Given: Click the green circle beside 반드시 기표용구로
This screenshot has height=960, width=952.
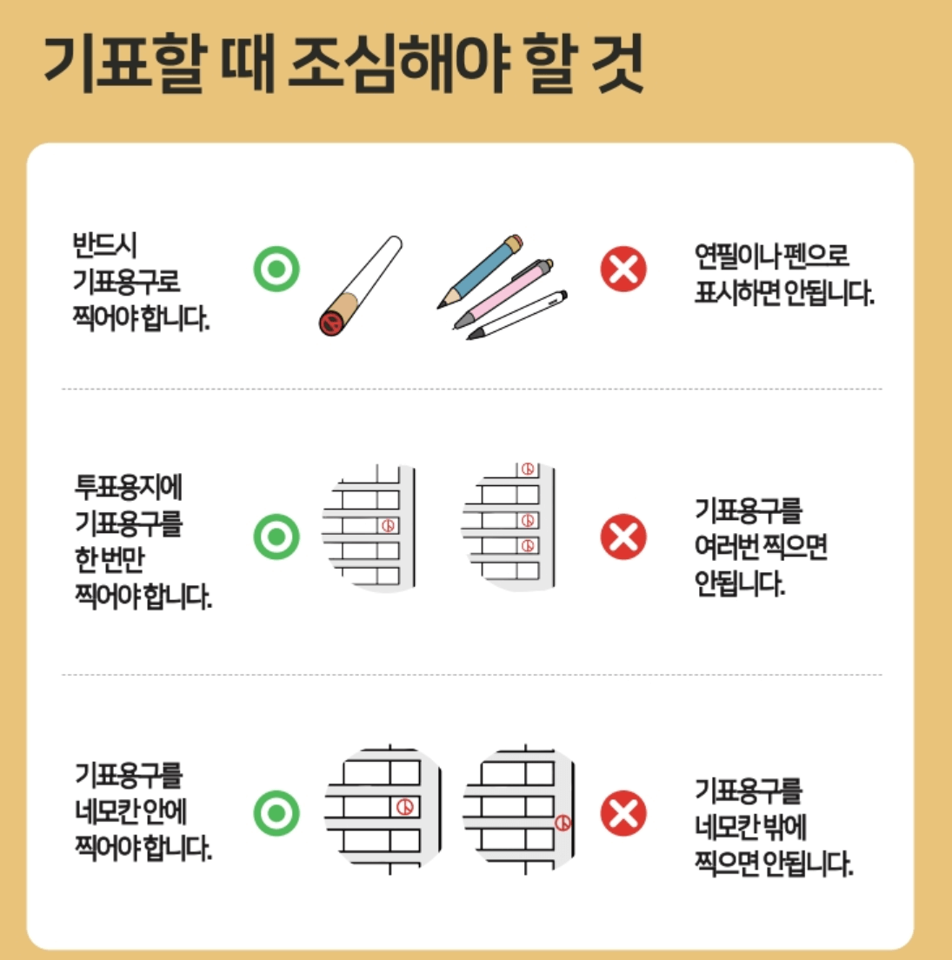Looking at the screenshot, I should click(276, 269).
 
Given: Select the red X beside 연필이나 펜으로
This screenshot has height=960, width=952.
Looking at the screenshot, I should click(623, 269).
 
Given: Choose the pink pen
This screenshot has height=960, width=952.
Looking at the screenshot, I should click(504, 293).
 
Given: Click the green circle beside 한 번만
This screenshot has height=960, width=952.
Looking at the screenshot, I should click(276, 537).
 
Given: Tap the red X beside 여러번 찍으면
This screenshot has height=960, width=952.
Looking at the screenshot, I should click(623, 537).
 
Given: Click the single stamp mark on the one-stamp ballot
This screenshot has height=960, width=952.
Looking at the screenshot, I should click(389, 525).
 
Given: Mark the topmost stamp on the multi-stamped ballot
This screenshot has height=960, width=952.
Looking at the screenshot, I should click(527, 469).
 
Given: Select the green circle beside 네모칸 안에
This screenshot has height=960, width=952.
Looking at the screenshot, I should click(276, 814).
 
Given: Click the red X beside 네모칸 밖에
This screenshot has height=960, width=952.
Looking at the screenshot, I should click(623, 814).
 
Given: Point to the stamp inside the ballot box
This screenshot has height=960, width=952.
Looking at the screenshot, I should click(404, 807).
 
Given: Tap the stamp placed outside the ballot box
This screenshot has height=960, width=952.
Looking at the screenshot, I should click(563, 822).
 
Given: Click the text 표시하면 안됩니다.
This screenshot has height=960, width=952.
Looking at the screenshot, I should click(783, 294).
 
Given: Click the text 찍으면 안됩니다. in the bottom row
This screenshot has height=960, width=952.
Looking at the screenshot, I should click(773, 863).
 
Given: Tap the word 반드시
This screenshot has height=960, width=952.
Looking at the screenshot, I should click(105, 246).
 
